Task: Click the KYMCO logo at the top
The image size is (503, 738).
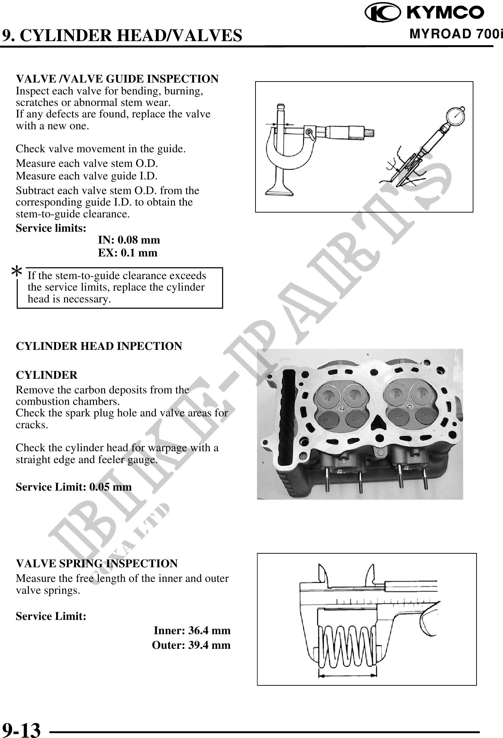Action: coord(424,13)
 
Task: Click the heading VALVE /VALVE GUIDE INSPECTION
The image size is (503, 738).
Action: coord(117,79)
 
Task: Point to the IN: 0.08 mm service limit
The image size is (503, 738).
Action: coord(129,240)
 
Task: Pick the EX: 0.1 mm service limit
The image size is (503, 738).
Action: coord(127,253)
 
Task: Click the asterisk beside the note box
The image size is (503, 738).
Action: coord(17,272)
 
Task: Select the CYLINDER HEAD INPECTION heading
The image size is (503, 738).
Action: coord(99,346)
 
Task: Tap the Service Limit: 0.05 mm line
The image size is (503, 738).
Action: coord(74,487)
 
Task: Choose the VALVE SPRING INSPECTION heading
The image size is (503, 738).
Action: coord(97,563)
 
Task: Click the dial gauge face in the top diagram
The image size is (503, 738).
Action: coord(453,121)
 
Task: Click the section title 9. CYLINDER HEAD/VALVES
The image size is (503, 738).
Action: coord(122,35)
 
